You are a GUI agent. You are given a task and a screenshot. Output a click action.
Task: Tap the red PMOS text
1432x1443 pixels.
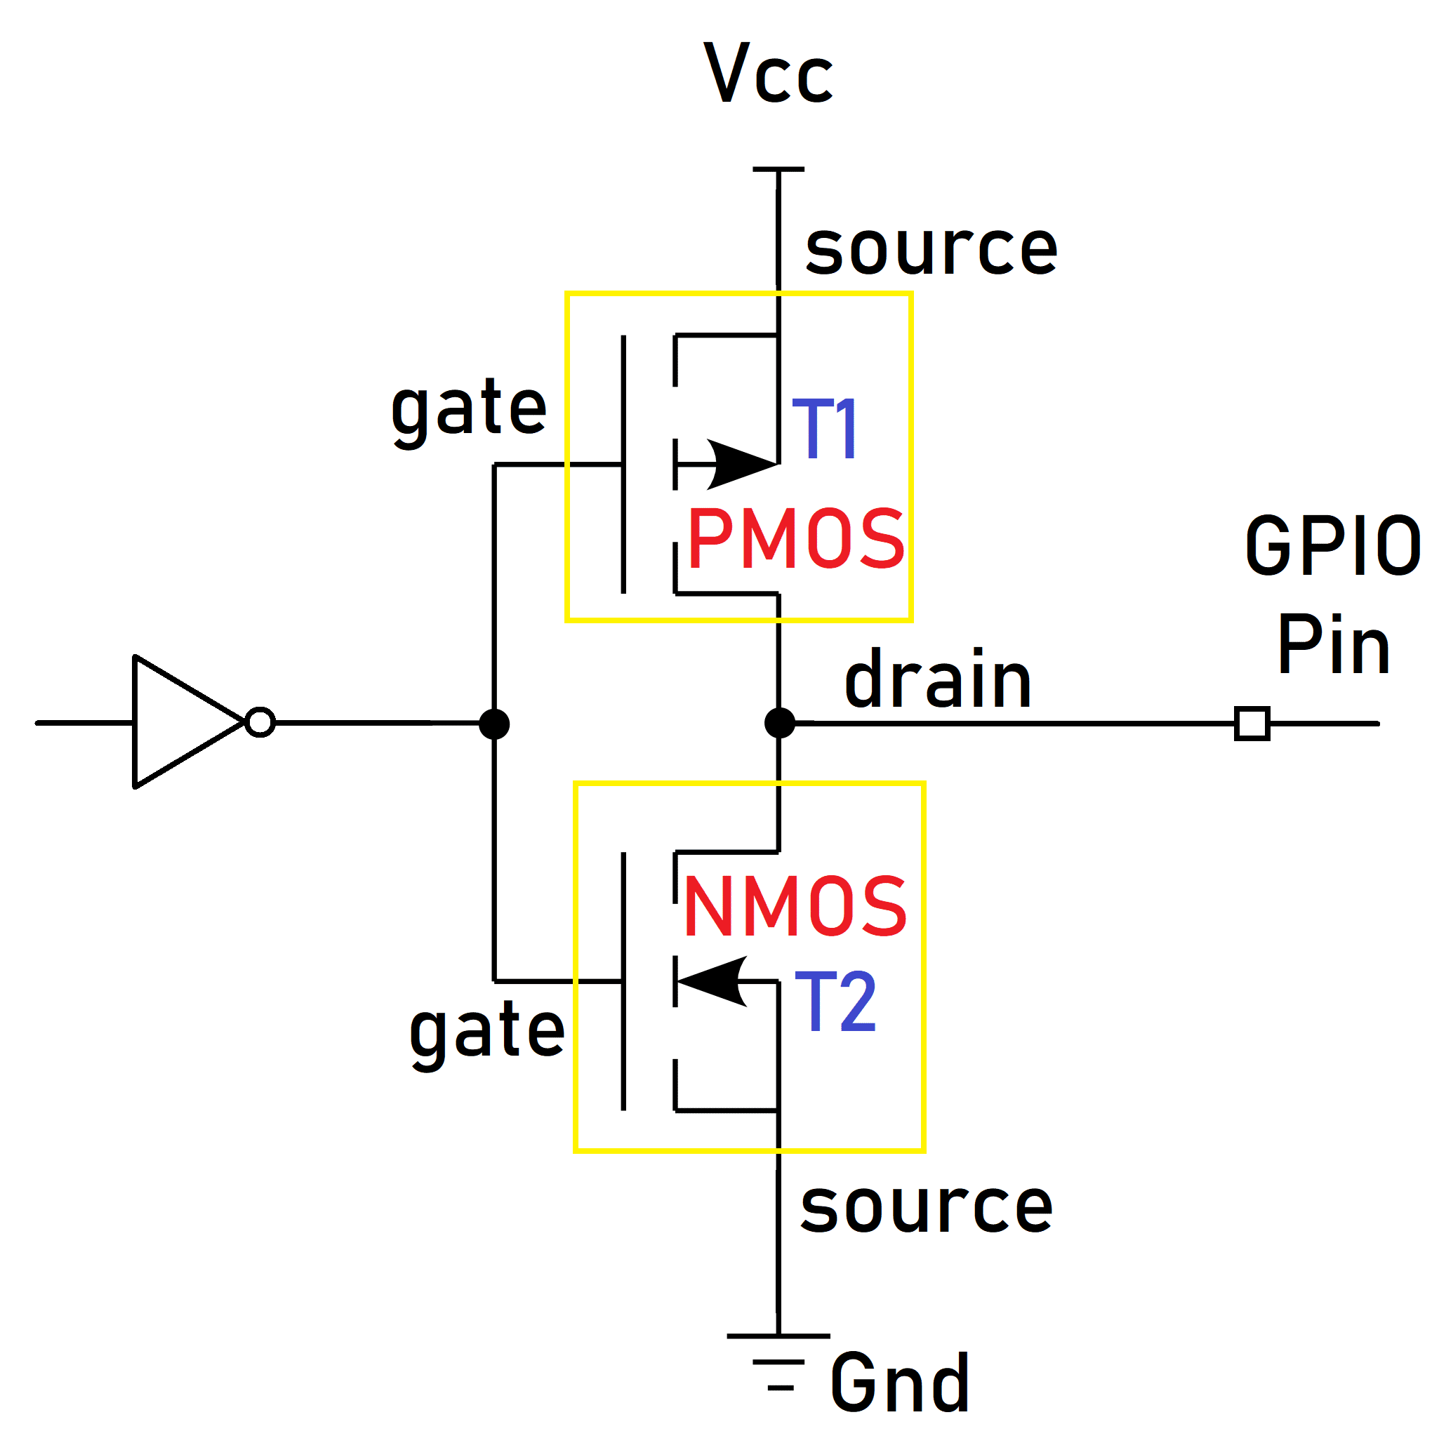795,538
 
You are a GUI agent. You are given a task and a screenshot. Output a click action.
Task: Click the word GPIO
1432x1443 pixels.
1332,546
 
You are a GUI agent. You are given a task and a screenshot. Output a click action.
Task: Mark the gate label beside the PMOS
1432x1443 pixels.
469,409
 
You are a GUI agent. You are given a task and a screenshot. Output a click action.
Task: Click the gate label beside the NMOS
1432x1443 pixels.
487,1032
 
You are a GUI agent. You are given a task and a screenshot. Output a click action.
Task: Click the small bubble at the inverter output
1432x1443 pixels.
260,722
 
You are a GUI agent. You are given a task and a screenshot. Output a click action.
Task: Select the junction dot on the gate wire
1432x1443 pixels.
493,724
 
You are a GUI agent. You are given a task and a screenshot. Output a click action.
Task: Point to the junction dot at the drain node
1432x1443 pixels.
779,723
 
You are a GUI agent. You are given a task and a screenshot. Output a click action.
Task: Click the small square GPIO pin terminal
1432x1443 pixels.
1252,723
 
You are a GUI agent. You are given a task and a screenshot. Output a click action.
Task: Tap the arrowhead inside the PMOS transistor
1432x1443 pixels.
740,465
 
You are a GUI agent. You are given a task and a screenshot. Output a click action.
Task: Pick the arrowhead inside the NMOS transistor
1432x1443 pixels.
713,981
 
